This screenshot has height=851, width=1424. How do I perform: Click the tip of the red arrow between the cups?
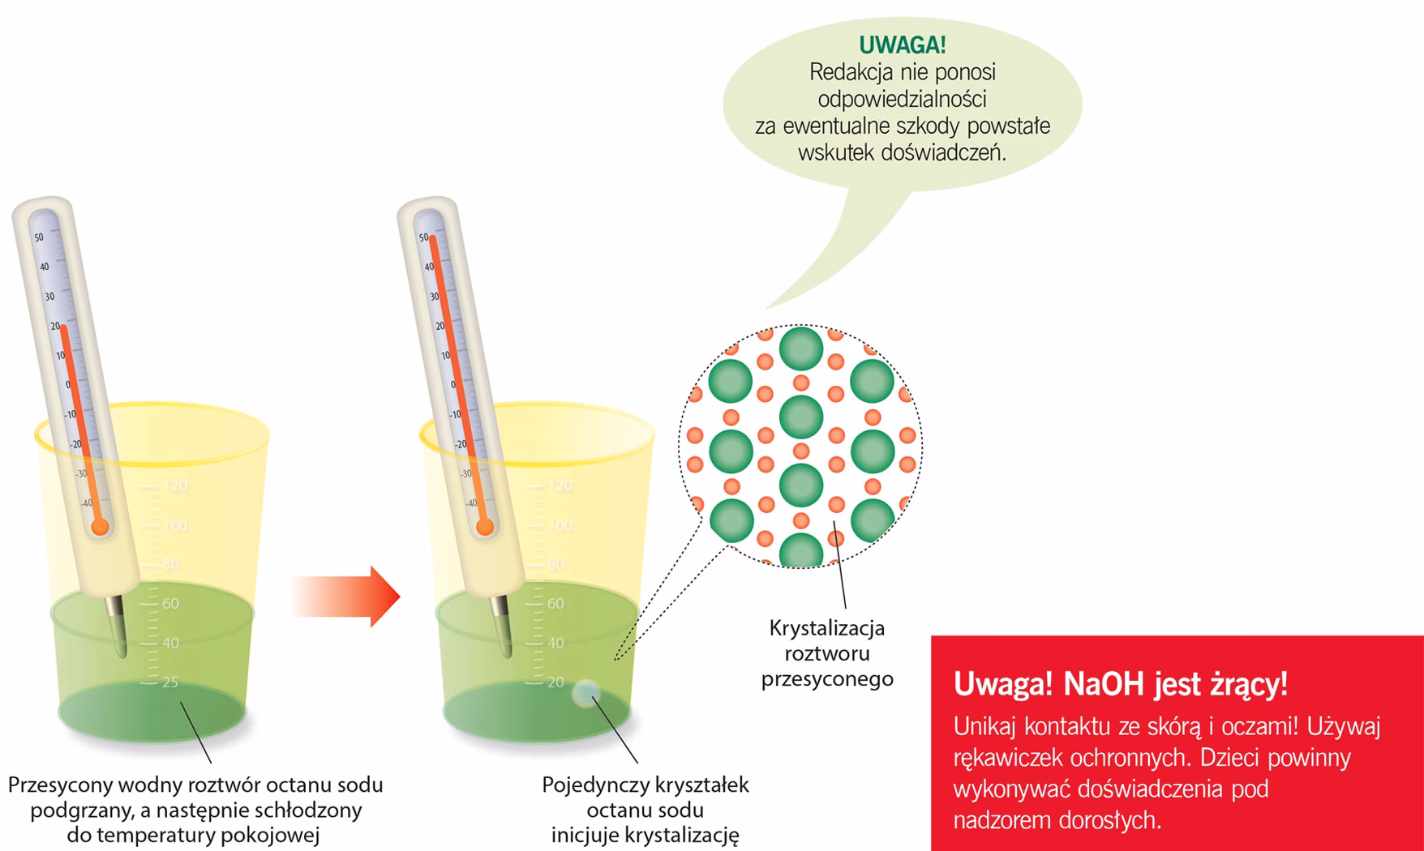click(400, 597)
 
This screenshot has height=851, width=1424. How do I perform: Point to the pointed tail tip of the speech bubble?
click(766, 309)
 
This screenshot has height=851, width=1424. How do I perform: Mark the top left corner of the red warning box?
click(931, 635)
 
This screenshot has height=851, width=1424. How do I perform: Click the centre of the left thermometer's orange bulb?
click(100, 528)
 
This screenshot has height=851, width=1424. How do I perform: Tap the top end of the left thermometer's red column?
click(63, 327)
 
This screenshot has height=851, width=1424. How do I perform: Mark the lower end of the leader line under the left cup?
click(212, 763)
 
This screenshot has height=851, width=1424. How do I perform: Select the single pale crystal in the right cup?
click(585, 694)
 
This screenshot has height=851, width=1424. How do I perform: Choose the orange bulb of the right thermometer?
click(485, 528)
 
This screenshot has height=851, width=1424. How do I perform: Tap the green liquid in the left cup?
click(152, 665)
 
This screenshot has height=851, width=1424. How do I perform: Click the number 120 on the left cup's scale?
click(174, 485)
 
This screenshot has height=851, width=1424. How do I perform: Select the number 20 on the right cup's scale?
click(555, 682)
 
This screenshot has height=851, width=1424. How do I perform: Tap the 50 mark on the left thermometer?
click(39, 237)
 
